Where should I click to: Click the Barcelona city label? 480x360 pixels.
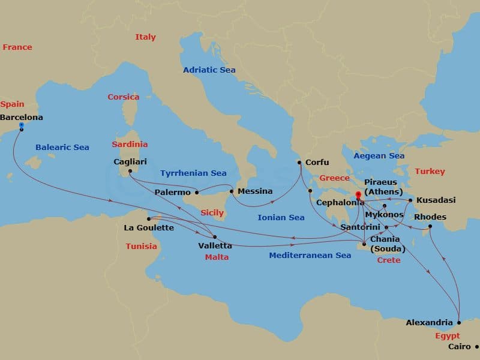point(22,118)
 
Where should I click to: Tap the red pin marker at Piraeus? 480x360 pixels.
point(358,194)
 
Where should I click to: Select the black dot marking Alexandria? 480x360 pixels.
point(459,322)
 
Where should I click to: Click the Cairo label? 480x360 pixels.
point(460,347)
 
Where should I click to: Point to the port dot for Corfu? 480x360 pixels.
point(299,163)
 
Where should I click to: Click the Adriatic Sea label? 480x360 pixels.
point(209,70)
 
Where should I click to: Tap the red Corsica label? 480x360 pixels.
point(123,97)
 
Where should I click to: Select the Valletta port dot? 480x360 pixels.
point(214,237)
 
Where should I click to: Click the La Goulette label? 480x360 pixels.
point(148,228)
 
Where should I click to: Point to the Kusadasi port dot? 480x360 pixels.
point(410,200)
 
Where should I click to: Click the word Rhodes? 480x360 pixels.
point(430,217)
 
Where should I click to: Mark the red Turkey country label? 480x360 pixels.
point(430,172)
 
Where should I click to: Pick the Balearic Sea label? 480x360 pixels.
point(62,147)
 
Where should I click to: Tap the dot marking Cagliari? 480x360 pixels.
point(130,171)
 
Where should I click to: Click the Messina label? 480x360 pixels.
point(255,191)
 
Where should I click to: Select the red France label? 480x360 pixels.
point(17,47)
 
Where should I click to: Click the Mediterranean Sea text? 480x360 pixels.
point(310,256)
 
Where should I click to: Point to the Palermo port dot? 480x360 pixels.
point(197,193)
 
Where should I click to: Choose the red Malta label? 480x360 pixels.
point(216,257)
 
